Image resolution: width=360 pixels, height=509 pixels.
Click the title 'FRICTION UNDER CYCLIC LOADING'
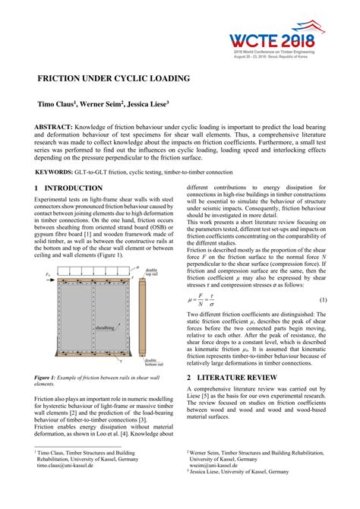click(114, 78)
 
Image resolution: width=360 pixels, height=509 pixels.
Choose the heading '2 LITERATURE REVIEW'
click(237, 377)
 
